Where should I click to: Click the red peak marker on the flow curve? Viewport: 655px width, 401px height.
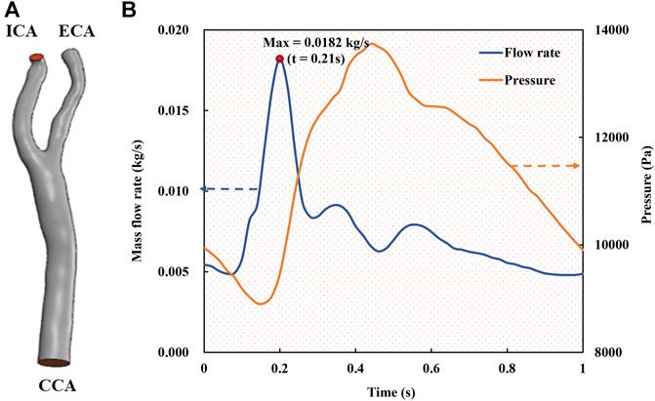pos(280,59)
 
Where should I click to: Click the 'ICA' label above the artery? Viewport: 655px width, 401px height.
pos(22,33)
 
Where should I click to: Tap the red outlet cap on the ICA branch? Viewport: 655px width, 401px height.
pos(37,59)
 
